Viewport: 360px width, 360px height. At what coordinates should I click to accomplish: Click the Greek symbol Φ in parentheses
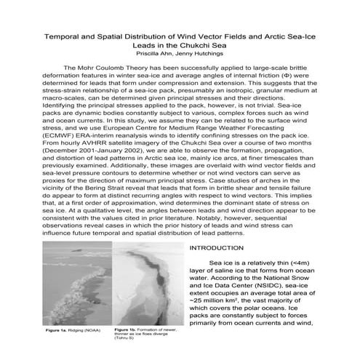tap(289, 76)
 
